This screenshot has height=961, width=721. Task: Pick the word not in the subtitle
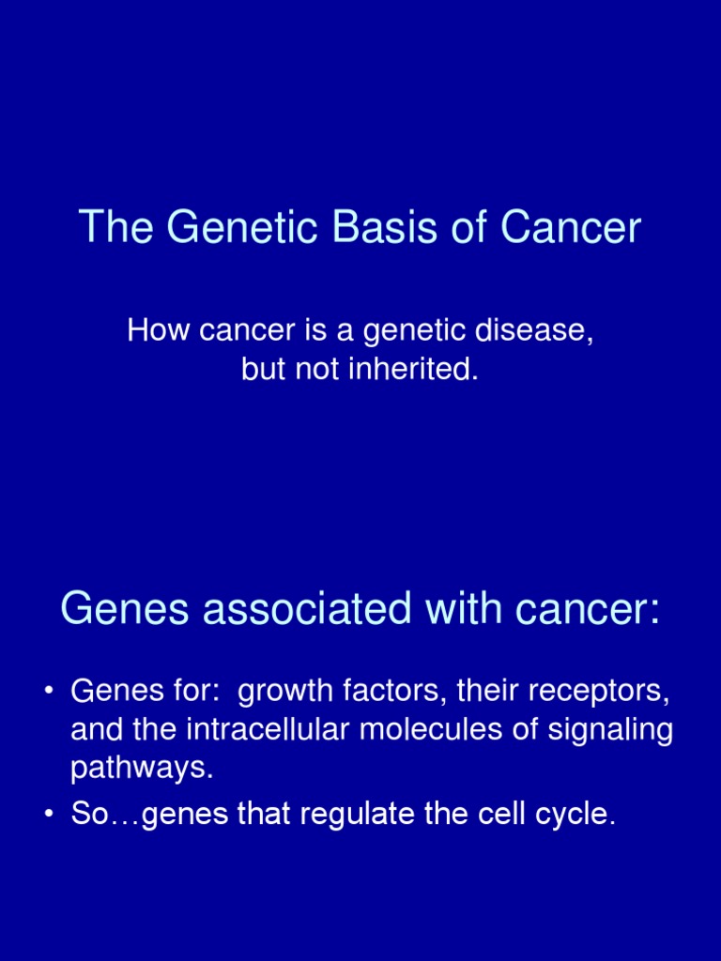click(x=316, y=369)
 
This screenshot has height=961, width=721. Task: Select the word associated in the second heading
click(x=305, y=609)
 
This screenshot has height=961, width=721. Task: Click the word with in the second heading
click(x=463, y=609)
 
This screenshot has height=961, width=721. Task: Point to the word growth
click(x=283, y=693)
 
